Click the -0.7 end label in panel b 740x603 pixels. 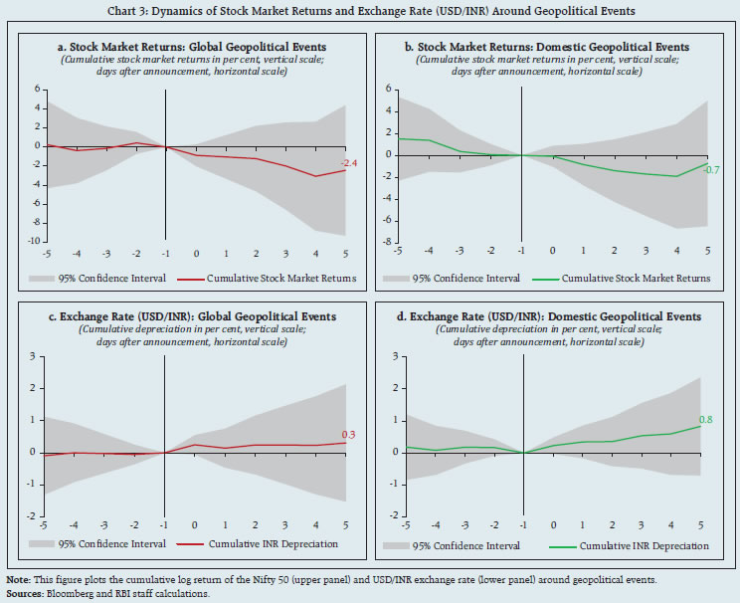[711, 170]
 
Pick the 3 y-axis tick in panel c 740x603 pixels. [35, 355]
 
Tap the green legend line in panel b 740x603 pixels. [542, 278]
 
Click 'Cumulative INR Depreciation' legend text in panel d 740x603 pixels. [647, 545]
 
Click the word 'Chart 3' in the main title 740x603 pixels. [181, 11]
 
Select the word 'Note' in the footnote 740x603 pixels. [17, 579]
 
